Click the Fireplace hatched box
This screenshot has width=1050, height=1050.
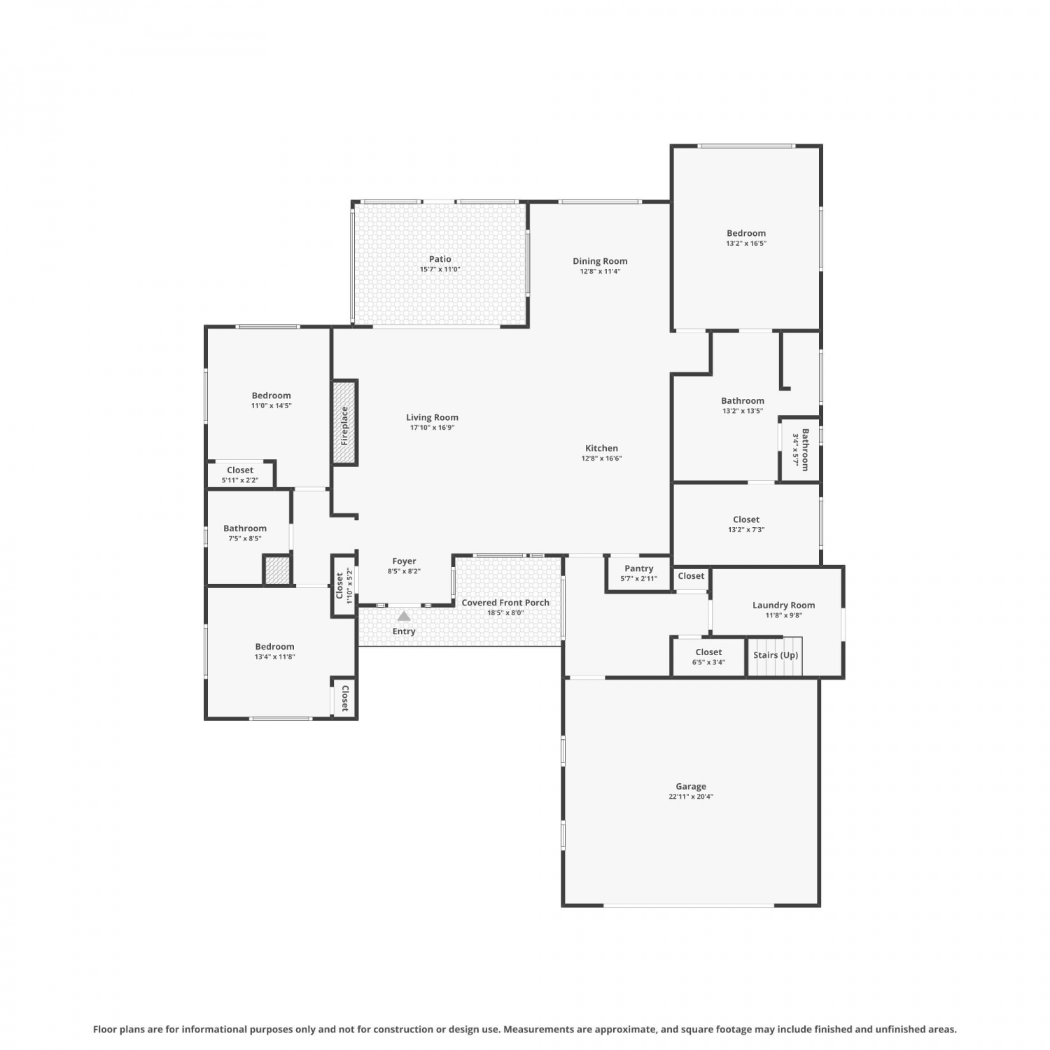pyautogui.click(x=344, y=423)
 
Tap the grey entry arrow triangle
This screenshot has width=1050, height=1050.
pyautogui.click(x=404, y=616)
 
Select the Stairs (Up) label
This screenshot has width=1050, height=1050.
pyautogui.click(x=776, y=655)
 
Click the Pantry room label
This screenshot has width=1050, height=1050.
pyautogui.click(x=639, y=568)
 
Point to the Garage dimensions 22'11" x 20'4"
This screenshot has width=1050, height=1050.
pyautogui.click(x=691, y=797)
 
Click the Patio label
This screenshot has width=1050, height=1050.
pyautogui.click(x=440, y=259)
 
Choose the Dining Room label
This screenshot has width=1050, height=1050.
pyautogui.click(x=600, y=261)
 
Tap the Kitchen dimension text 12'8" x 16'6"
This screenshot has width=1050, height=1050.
pyautogui.click(x=601, y=458)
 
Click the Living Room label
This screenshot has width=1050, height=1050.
pyautogui.click(x=432, y=417)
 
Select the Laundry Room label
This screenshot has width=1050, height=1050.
pyautogui.click(x=783, y=605)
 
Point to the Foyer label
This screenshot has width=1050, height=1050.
pyautogui.click(x=404, y=561)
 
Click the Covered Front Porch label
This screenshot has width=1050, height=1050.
pyautogui.click(x=505, y=603)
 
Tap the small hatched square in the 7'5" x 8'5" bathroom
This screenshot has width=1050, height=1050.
pyautogui.click(x=276, y=570)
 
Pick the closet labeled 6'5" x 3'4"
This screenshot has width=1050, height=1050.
pyautogui.click(x=708, y=657)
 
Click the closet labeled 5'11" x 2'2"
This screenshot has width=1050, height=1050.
pyautogui.click(x=240, y=475)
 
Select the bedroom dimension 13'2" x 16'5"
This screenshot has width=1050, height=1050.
pyautogui.click(x=746, y=244)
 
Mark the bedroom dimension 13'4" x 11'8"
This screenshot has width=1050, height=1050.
pyautogui.click(x=274, y=657)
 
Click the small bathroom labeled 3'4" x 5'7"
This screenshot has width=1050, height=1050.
pyautogui.click(x=801, y=449)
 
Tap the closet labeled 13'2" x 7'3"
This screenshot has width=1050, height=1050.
pyautogui.click(x=746, y=524)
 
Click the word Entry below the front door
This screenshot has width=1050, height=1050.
pyautogui.click(x=404, y=631)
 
